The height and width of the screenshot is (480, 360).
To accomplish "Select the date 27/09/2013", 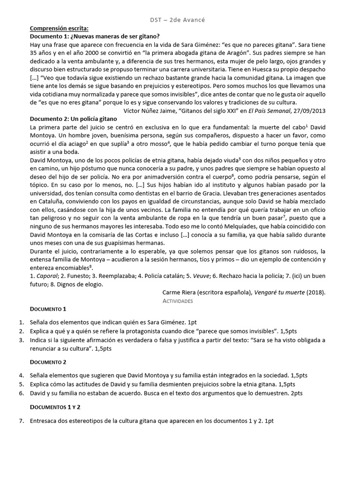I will click(309, 111).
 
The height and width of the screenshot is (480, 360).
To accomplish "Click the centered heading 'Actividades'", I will click(177, 300).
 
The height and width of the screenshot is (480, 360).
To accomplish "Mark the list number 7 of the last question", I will click(22, 421).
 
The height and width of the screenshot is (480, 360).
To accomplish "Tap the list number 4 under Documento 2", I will click(22, 375).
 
